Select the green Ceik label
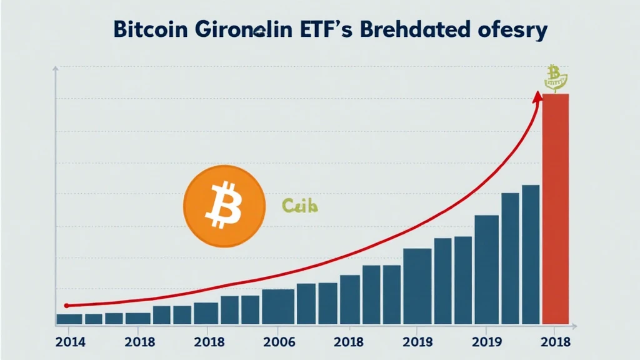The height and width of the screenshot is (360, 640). click(300, 205)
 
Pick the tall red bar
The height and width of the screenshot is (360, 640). click(555, 209)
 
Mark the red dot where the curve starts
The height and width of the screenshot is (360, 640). click(67, 306)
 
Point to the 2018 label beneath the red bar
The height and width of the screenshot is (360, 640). click(555, 342)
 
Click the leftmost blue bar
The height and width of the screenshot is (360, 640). click(69, 319)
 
